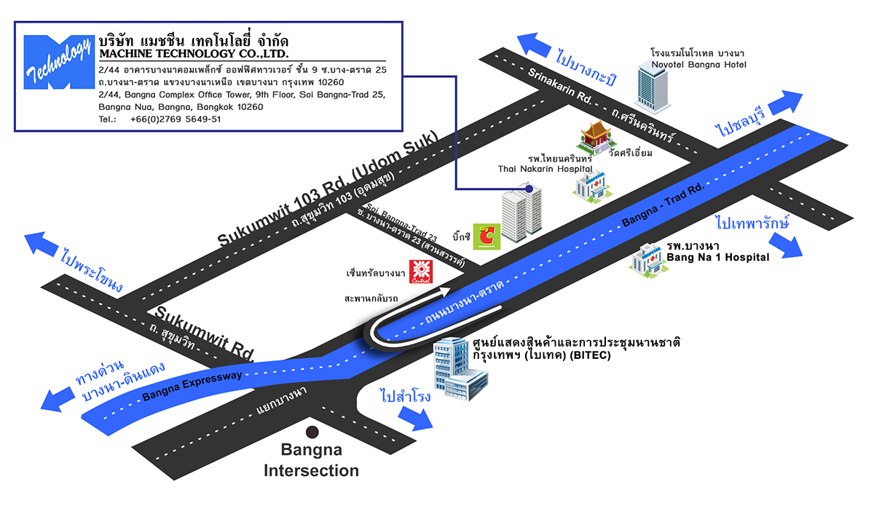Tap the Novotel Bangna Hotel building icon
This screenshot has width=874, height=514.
point(653,86)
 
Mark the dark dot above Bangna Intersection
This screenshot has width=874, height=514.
point(312,430)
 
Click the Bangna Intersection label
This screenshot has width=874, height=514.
point(311,462)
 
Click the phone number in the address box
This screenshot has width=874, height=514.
point(175,119)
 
